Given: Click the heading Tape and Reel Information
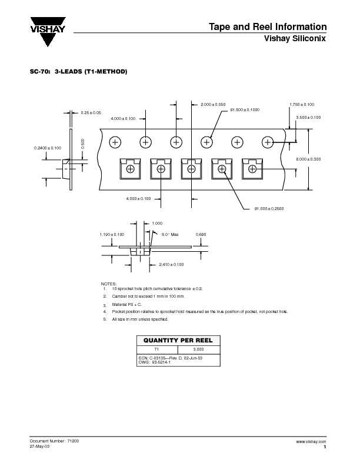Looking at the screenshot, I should pos(268,27).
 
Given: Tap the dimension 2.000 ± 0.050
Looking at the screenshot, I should pos(213,104).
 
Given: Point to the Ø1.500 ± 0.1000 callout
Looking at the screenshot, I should pos(245,110).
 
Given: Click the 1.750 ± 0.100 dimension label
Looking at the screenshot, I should pos(302,104).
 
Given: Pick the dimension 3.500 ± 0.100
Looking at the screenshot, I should pos(309,118).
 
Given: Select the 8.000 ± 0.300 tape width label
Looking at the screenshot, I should pos(308,159).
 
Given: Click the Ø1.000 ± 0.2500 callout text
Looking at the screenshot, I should pos(269,208).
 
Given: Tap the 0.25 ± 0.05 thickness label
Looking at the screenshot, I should pos(91,112).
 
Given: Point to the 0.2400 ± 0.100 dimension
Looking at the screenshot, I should pos(48,148).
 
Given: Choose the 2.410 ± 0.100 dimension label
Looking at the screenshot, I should pos(171,265).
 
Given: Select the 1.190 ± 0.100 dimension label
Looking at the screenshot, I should pos(112,234).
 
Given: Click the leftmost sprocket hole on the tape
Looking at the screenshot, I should pos(115,142).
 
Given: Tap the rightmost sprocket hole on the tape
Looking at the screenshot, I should pos(268,142).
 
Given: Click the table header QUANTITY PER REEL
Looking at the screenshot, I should pos(178,341).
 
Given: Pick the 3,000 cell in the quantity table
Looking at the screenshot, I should pos(198,349).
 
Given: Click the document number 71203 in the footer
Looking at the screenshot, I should pos(71,441).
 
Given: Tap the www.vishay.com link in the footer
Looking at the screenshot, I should pos(311,441).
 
